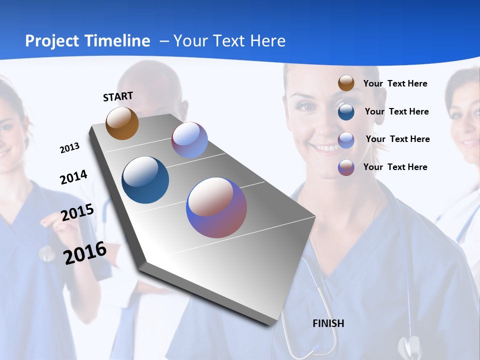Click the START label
(x=118, y=96)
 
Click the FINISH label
(x=328, y=323)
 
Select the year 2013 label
(x=69, y=148)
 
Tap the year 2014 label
(x=73, y=177)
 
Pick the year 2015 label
(x=77, y=212)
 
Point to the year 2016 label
(x=85, y=252)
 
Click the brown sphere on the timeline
(x=122, y=123)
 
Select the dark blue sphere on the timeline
(x=145, y=180)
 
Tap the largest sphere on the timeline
(x=216, y=207)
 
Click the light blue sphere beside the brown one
(x=189, y=140)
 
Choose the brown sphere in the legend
(x=346, y=83)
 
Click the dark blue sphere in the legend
(x=346, y=111)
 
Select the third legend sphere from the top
(x=346, y=139)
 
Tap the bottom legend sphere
(x=346, y=167)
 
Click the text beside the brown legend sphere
(x=395, y=83)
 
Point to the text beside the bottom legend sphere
(x=395, y=167)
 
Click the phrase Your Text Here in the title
(x=229, y=41)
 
